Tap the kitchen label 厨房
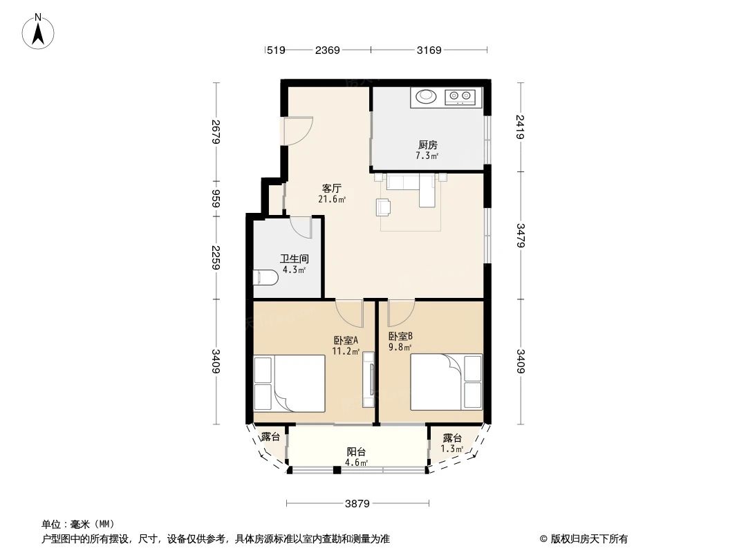click(x=427, y=145)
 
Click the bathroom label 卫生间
click(x=294, y=259)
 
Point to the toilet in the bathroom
click(x=265, y=278)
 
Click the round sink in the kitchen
click(x=425, y=97)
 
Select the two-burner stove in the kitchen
click(x=460, y=97)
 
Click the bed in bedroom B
click(x=446, y=382)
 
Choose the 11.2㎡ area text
click(x=346, y=351)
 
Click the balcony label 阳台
click(x=356, y=452)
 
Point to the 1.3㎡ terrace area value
click(x=453, y=449)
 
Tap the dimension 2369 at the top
click(x=327, y=50)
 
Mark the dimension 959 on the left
click(x=216, y=199)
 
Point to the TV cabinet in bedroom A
click(x=369, y=380)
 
